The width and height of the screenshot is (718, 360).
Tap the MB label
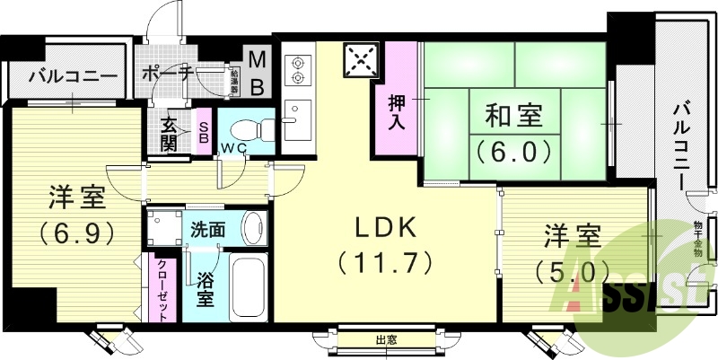click(257, 73)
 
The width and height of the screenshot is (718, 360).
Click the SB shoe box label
click(204, 133)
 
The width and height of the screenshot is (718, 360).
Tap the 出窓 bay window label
click(387, 339)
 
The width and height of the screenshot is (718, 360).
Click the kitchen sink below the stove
click(295, 123)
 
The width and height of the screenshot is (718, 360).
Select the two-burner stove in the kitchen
click(297, 71)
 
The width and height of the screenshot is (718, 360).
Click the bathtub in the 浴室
click(244, 287)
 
